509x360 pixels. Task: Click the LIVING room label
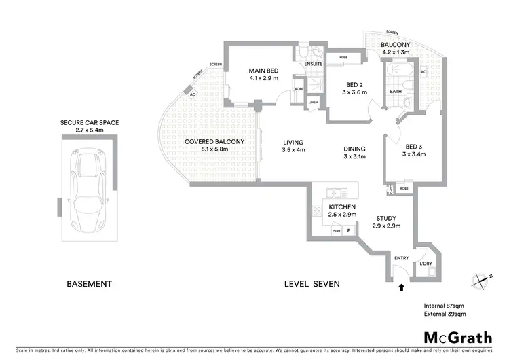(x=293, y=142)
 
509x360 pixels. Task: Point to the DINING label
(x=354, y=149)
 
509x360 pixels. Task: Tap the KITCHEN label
(x=342, y=206)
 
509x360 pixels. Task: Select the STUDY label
(x=386, y=219)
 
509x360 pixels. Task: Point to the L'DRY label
(x=426, y=264)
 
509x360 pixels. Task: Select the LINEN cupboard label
(x=313, y=103)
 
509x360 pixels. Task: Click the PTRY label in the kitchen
(x=336, y=231)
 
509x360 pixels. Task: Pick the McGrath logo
(x=458, y=337)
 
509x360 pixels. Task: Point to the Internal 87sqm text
(x=445, y=305)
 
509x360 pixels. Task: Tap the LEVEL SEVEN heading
(x=313, y=283)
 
